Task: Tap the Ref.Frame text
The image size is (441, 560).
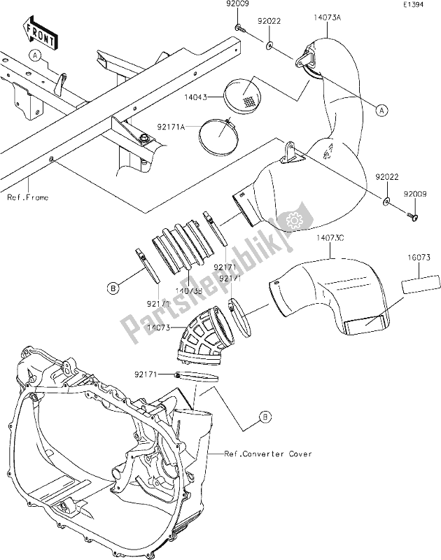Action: pyautogui.click(x=28, y=198)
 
